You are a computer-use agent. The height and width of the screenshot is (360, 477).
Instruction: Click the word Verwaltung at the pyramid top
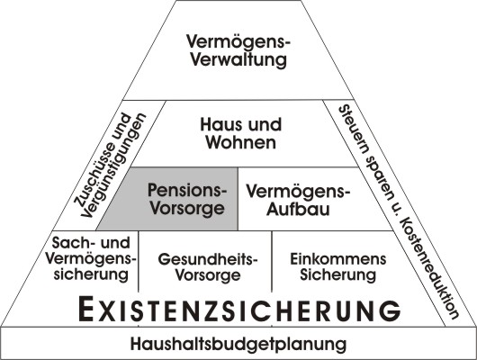pyautogui.click(x=238, y=59)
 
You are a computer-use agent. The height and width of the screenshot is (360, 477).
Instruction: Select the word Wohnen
pyautogui.click(x=241, y=142)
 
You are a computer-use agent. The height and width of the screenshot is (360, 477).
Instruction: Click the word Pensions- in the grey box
pyautogui.click(x=187, y=190)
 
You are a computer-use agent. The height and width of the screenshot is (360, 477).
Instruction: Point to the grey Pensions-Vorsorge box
pyautogui.click(x=167, y=199)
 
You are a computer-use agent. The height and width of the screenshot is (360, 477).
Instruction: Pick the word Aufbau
pyautogui.click(x=298, y=210)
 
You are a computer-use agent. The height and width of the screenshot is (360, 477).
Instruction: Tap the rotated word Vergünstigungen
pyautogui.click(x=114, y=166)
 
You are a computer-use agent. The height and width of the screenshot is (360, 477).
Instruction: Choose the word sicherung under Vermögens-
pyautogui.click(x=91, y=274)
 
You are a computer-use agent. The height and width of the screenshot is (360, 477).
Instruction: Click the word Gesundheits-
pyautogui.click(x=208, y=259)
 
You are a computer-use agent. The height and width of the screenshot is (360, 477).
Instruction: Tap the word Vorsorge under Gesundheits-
pyautogui.click(x=208, y=275)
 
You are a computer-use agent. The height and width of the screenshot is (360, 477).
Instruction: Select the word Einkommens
pyautogui.click(x=338, y=259)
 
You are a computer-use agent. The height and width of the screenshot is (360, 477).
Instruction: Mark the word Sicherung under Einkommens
pyautogui.click(x=338, y=274)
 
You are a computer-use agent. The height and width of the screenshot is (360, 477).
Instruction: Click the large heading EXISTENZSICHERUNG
pyautogui.click(x=239, y=310)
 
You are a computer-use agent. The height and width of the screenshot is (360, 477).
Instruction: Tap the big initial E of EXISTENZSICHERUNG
pyautogui.click(x=85, y=310)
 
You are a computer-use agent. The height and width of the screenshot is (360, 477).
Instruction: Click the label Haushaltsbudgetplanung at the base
pyautogui.click(x=238, y=344)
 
